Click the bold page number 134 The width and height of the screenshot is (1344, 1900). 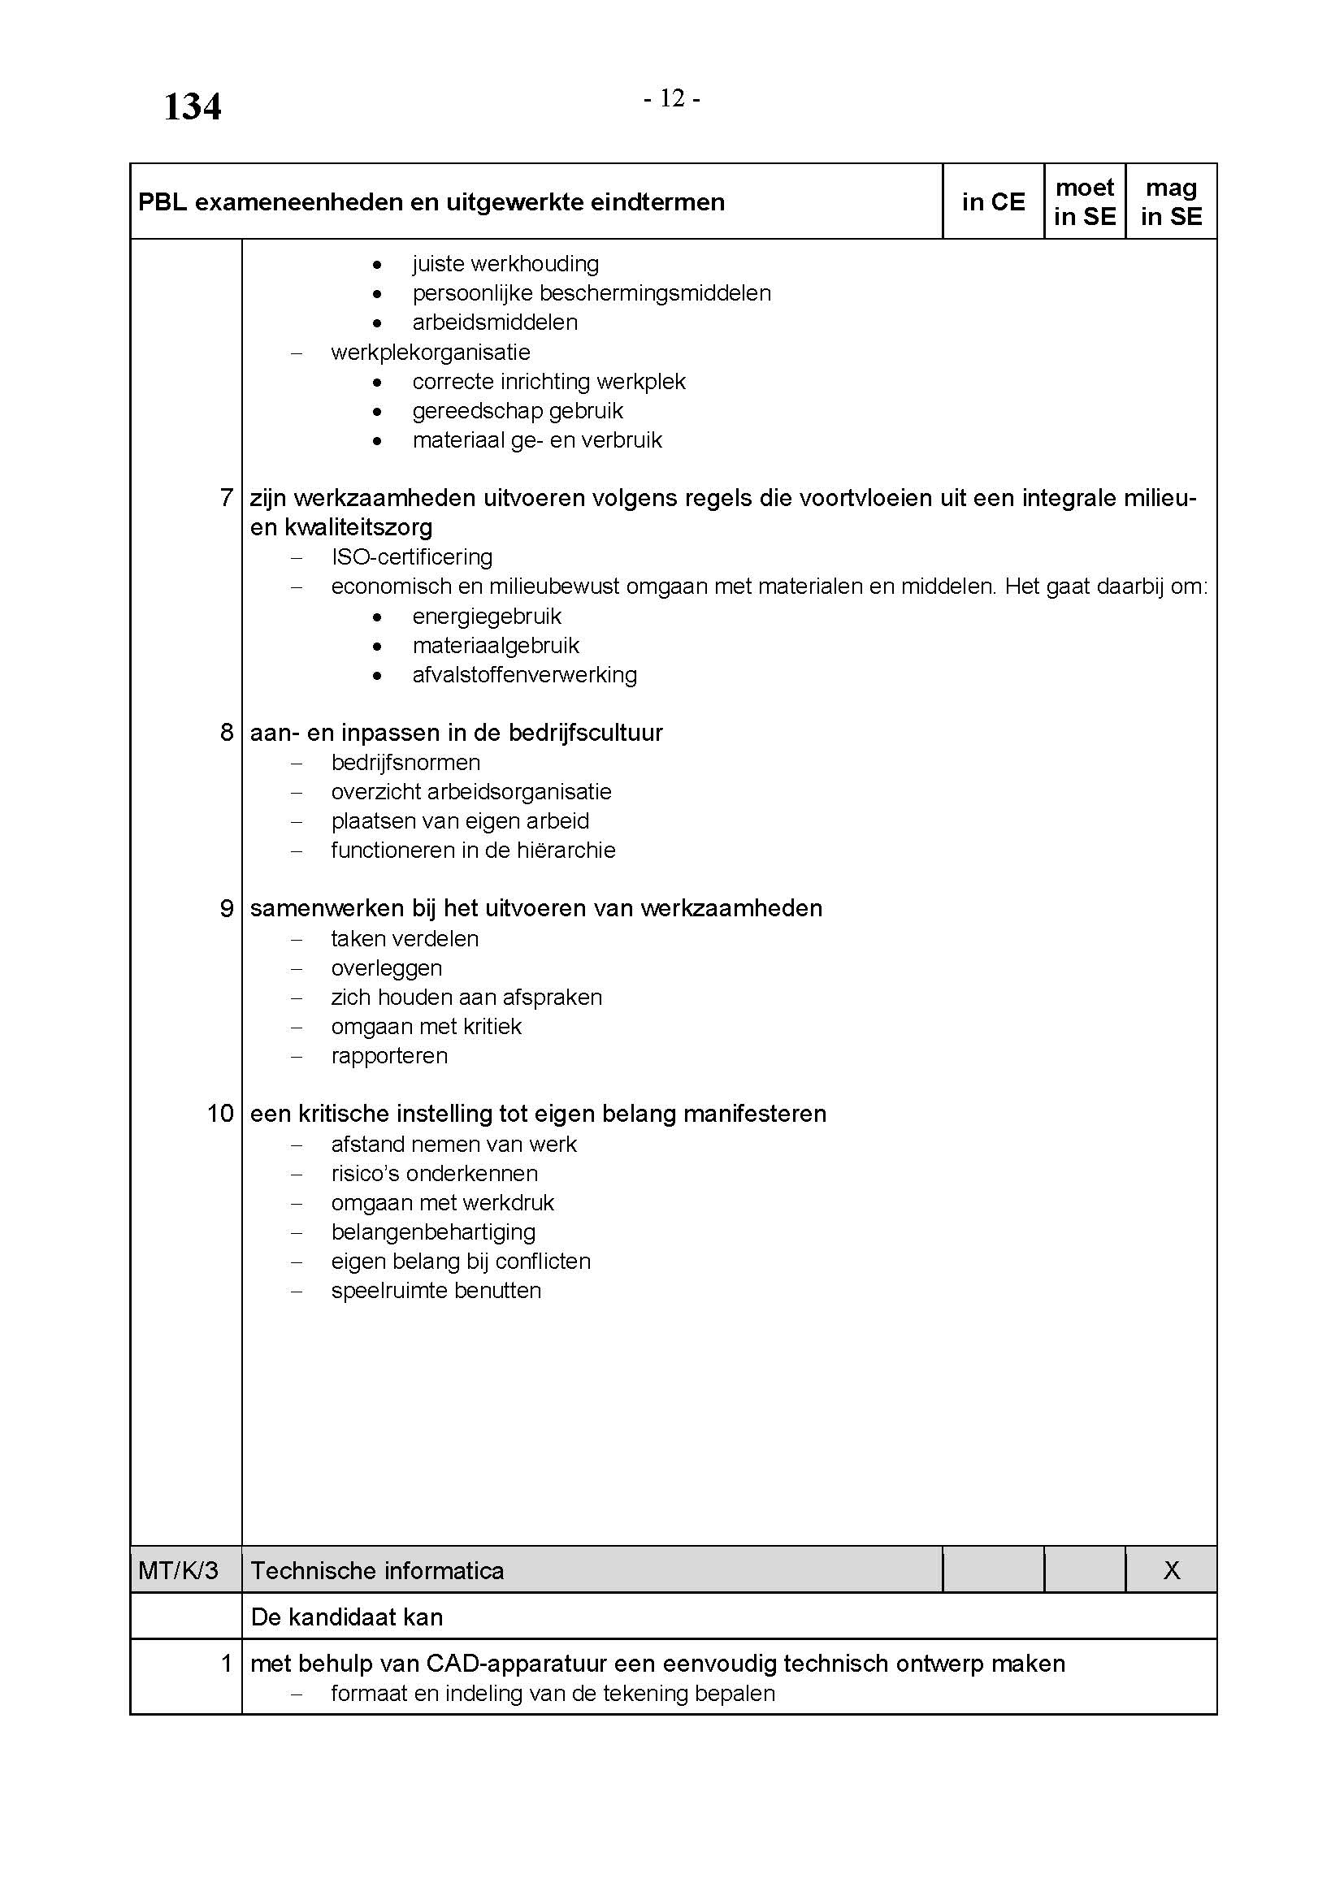[x=192, y=107]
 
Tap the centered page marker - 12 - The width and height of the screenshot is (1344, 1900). [x=672, y=99]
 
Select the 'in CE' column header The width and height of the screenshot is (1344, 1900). [x=993, y=202]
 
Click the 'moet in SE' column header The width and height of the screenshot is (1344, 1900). [x=1085, y=202]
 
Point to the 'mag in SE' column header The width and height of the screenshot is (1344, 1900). [x=1171, y=202]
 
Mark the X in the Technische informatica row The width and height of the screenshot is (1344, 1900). [x=1171, y=1571]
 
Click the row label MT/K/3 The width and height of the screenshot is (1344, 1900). [x=179, y=1571]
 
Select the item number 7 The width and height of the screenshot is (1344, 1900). [x=226, y=498]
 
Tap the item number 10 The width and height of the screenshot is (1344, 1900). [x=220, y=1114]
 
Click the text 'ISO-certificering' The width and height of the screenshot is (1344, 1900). [x=411, y=557]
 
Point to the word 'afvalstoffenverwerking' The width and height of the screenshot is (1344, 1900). [x=525, y=675]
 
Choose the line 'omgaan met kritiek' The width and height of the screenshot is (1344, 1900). [x=427, y=1027]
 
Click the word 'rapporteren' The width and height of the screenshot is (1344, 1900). [x=389, y=1056]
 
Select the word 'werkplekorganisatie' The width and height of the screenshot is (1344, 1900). [x=431, y=353]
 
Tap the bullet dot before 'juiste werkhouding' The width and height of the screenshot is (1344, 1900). [x=377, y=265]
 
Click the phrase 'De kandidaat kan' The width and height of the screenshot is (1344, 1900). [x=347, y=1617]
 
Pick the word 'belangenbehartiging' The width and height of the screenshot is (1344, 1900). [x=433, y=1232]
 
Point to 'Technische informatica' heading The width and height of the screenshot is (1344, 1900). [x=377, y=1571]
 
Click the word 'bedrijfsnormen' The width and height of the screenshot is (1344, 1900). [x=405, y=762]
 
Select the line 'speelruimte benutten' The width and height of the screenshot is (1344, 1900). [x=436, y=1291]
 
